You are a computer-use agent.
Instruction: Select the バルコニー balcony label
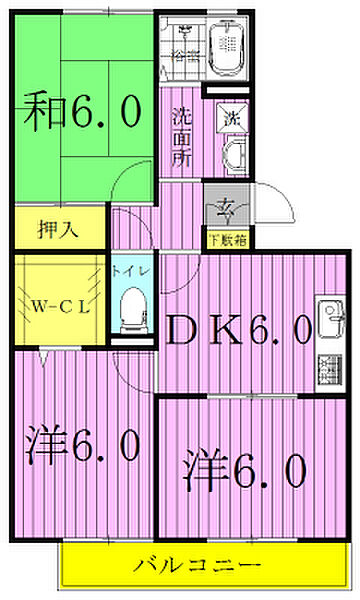tap(199, 565)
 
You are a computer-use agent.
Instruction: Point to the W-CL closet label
tap(58, 306)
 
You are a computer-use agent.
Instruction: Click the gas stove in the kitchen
tap(329, 366)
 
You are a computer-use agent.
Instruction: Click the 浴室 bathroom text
tap(182, 52)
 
